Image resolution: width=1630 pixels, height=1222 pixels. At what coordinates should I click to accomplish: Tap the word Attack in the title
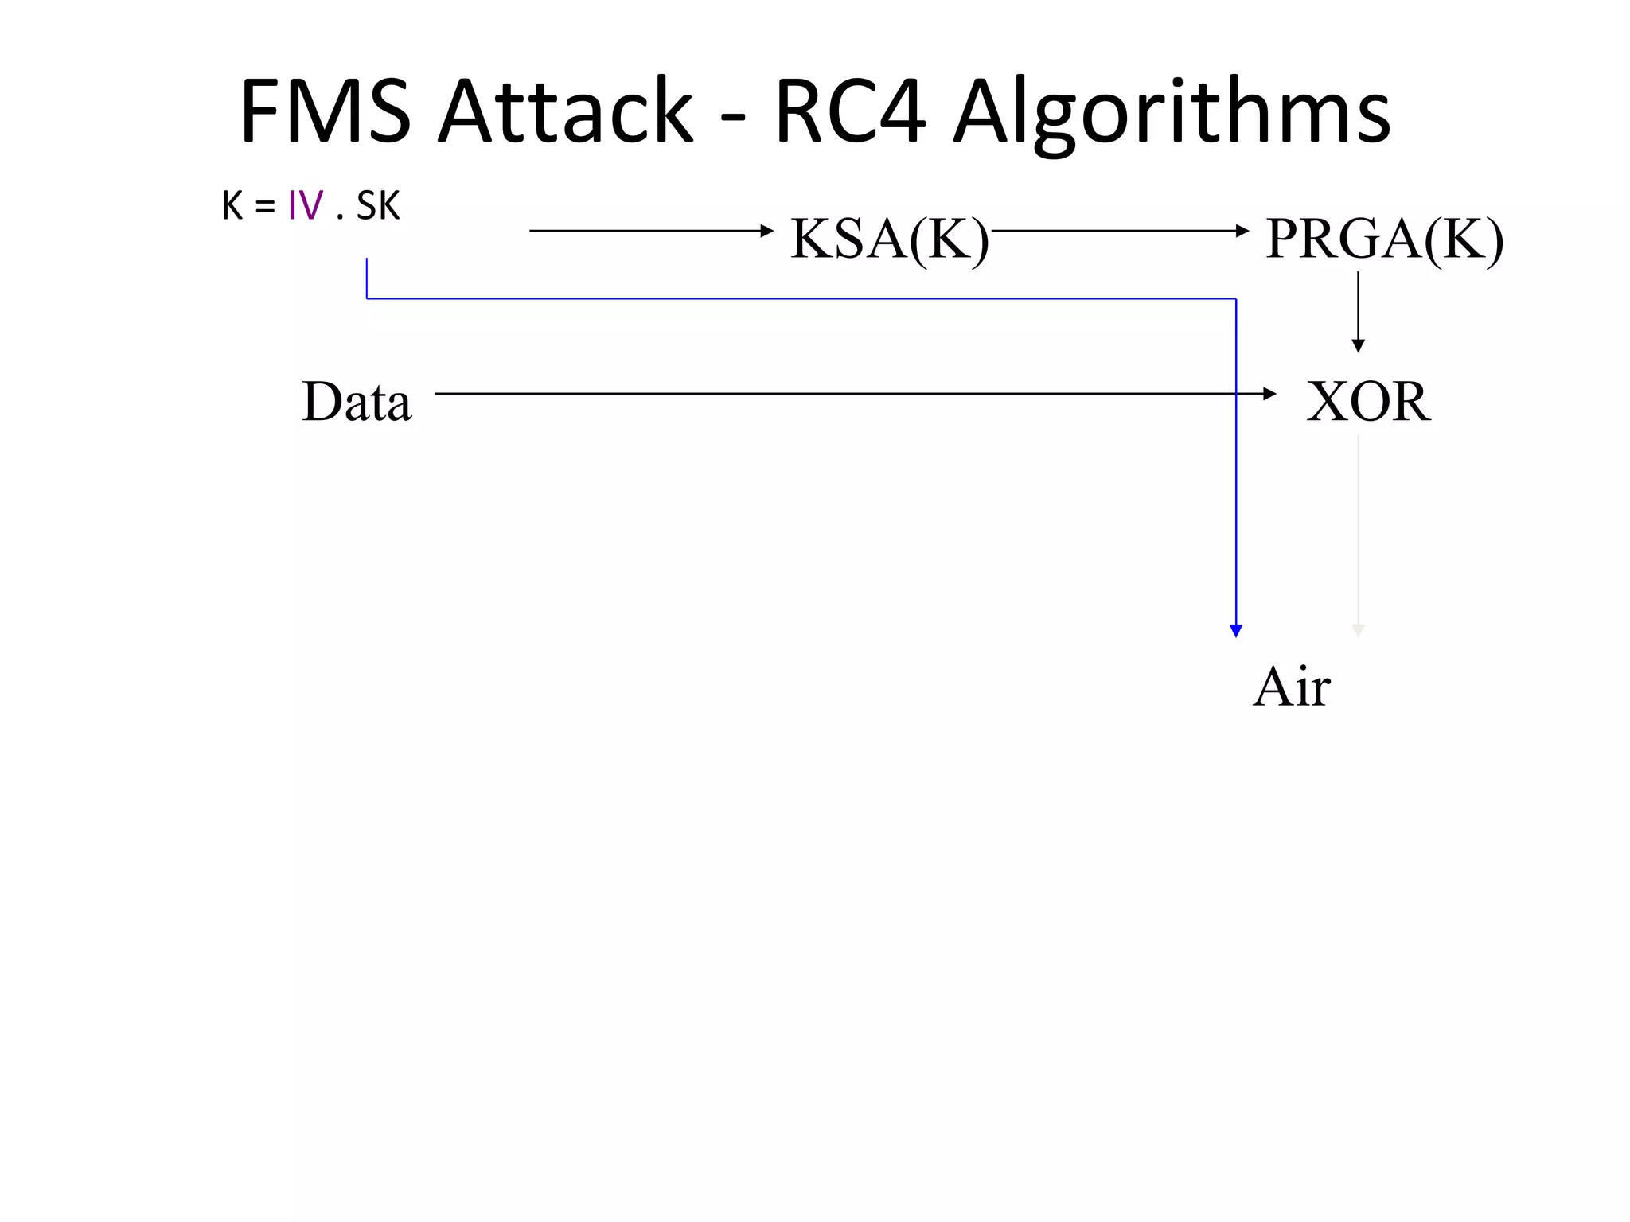[566, 111]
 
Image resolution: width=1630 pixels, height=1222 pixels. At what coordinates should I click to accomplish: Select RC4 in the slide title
[849, 111]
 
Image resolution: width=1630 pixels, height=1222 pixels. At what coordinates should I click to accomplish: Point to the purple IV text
[306, 206]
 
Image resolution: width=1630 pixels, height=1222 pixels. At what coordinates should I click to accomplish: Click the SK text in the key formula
[378, 206]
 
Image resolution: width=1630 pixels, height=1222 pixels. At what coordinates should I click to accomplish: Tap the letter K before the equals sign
[232, 206]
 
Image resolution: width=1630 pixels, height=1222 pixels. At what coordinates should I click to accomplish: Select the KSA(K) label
[889, 238]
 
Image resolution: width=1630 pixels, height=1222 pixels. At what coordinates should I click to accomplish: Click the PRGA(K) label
[1384, 238]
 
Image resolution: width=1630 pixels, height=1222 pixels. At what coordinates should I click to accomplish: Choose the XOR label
[1368, 401]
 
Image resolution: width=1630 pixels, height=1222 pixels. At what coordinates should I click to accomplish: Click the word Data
[357, 401]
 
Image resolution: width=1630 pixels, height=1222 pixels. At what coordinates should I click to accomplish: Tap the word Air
[1291, 686]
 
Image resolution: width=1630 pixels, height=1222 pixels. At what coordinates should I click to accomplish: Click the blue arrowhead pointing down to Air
[1236, 631]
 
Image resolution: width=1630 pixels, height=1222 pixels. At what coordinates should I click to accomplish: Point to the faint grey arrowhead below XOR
[1359, 631]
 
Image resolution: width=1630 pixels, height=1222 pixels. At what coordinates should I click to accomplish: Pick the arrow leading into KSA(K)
[651, 231]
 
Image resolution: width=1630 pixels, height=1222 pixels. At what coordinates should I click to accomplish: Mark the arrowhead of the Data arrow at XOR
[1269, 394]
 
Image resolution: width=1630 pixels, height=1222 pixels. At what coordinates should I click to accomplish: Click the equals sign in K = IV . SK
[265, 207]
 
